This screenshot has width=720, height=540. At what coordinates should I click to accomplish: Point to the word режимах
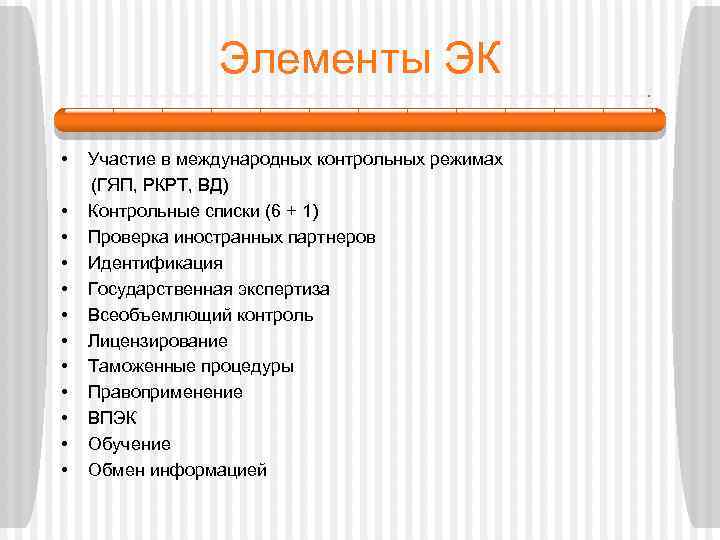470,160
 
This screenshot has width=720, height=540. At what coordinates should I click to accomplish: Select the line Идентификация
155,263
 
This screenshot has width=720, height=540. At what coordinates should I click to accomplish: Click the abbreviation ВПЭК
112,418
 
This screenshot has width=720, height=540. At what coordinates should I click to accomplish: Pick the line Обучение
129,444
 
